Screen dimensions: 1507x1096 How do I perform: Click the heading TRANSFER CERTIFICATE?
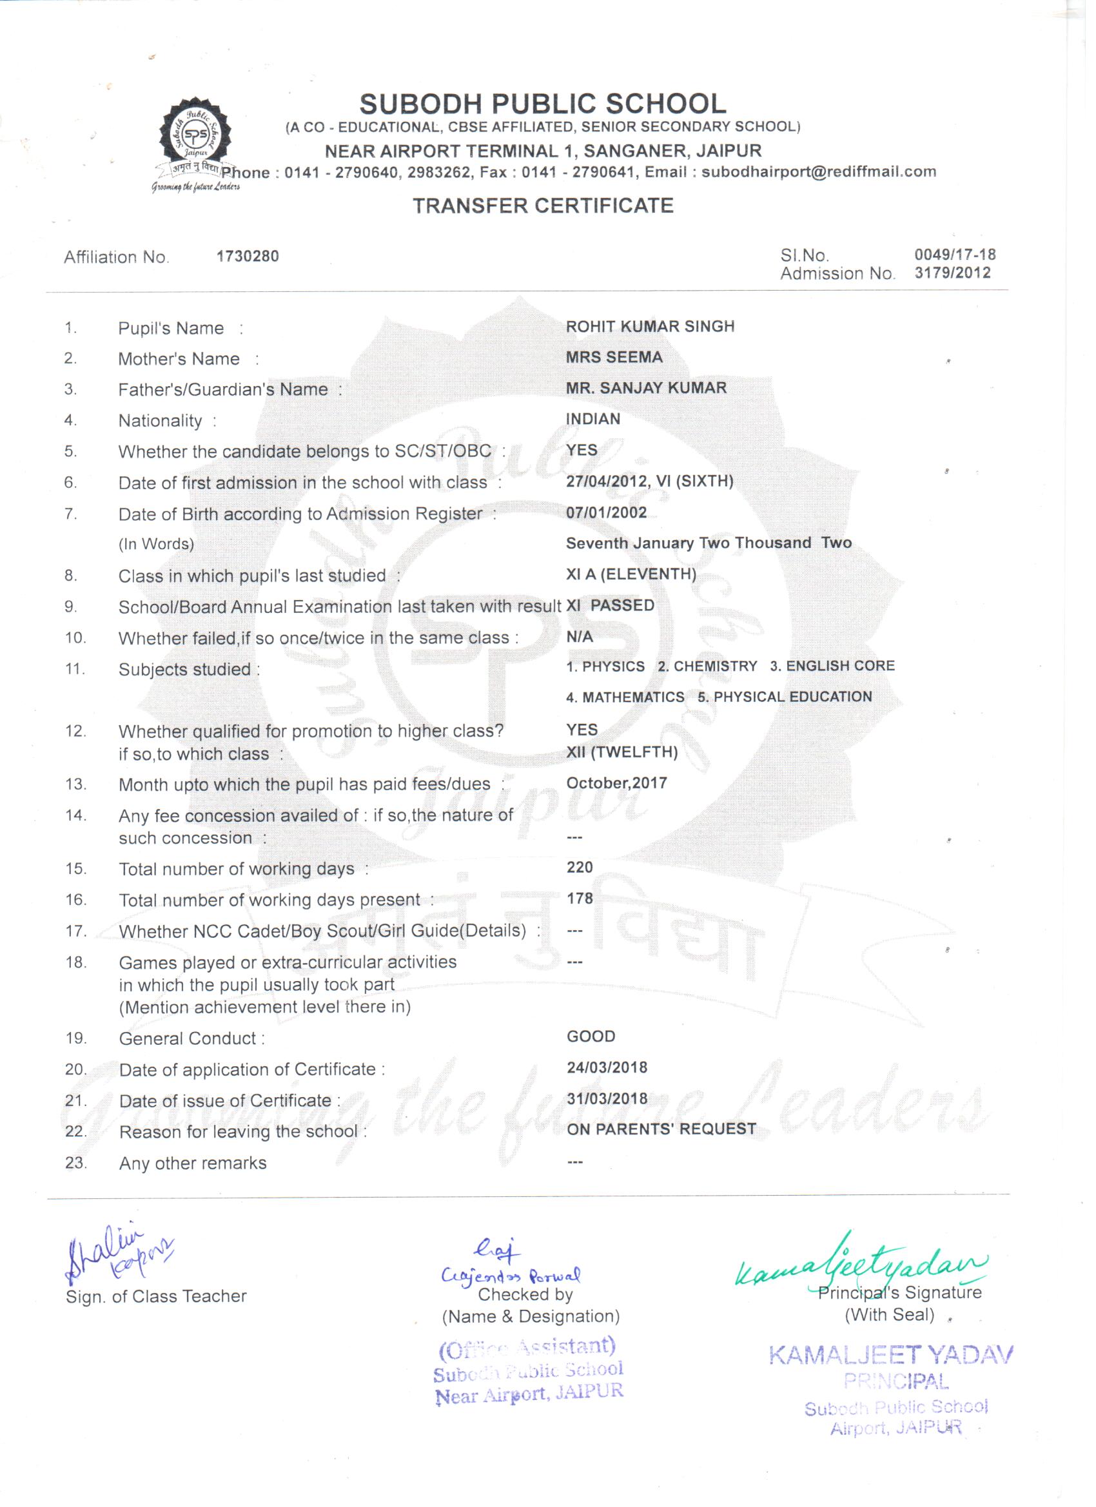(542, 206)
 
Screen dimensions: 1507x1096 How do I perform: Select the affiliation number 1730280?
(248, 257)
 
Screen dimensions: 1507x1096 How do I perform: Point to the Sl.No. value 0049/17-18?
(954, 255)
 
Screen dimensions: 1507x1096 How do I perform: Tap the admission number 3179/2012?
(952, 273)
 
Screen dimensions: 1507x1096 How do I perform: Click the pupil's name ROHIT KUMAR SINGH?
(650, 327)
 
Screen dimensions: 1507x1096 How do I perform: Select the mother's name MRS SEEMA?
(614, 358)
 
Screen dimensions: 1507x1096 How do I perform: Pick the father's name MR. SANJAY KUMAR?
(646, 388)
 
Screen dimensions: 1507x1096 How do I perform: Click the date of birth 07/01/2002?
(606, 512)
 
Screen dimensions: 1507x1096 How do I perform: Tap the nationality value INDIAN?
(593, 419)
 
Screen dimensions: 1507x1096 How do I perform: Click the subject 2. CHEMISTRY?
(707, 666)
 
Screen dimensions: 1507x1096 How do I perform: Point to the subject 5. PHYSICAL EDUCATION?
(784, 697)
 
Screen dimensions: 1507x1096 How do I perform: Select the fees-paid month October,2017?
(616, 783)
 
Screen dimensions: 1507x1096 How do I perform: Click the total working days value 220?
(580, 867)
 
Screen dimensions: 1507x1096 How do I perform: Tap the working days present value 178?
(580, 899)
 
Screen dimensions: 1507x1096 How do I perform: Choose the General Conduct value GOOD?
(591, 1036)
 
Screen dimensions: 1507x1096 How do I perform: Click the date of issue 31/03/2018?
(607, 1098)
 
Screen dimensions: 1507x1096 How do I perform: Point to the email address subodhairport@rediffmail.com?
(818, 172)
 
